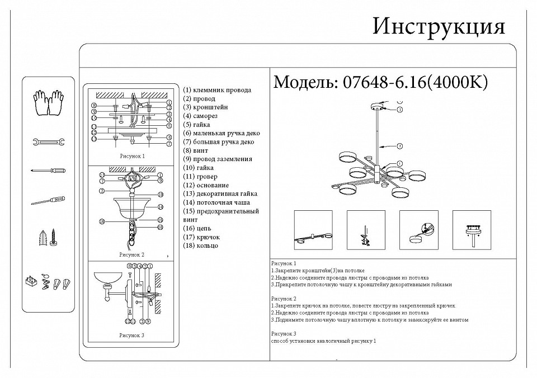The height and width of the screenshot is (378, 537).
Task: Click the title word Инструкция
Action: (x=439, y=26)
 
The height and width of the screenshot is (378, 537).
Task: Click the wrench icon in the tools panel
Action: (x=48, y=142)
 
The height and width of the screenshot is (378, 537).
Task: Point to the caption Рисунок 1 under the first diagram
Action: (x=132, y=157)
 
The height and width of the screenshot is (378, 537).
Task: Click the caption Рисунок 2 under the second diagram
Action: (x=132, y=254)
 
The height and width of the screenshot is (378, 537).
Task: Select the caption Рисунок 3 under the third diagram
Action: (x=132, y=335)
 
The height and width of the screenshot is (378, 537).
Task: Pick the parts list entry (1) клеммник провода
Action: (x=217, y=89)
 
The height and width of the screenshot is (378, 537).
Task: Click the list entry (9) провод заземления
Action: (x=218, y=159)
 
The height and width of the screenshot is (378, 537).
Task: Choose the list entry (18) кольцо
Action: (x=201, y=245)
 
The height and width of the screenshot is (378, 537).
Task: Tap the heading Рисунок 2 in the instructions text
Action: (x=283, y=299)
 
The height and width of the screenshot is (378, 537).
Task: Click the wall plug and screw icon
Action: (x=49, y=238)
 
